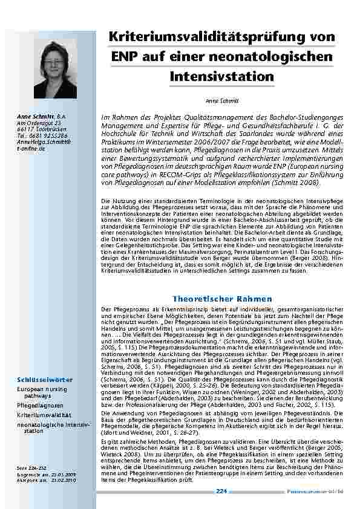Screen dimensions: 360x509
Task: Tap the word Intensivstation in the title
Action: (x=222, y=77)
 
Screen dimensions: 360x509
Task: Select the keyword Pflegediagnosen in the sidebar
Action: (x=40, y=406)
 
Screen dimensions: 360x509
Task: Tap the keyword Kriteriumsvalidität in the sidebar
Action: (x=44, y=415)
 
